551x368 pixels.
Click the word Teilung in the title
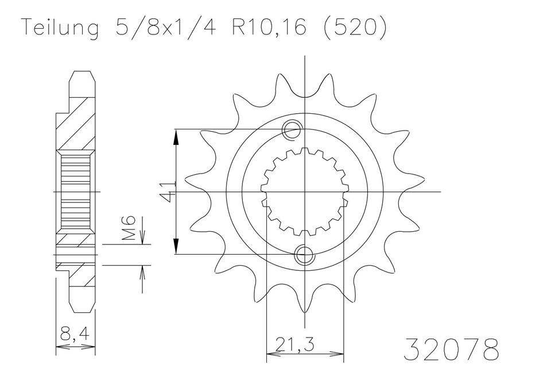pyautogui.click(x=60, y=27)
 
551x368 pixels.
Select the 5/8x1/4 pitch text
pyautogui.click(x=166, y=27)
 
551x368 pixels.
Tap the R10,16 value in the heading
pyautogui.click(x=268, y=27)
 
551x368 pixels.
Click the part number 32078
pyautogui.click(x=451, y=350)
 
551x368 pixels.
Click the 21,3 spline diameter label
pyautogui.click(x=294, y=344)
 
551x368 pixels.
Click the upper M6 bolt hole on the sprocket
pyautogui.click(x=292, y=129)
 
